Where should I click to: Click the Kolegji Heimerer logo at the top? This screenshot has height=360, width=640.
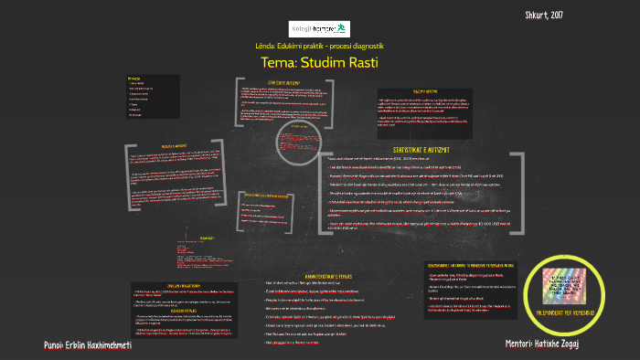click(x=319, y=27)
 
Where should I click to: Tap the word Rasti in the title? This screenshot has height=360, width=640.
click(x=360, y=62)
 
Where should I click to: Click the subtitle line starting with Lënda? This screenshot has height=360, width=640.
click(x=319, y=46)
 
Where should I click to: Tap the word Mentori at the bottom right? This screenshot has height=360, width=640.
click(x=525, y=344)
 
